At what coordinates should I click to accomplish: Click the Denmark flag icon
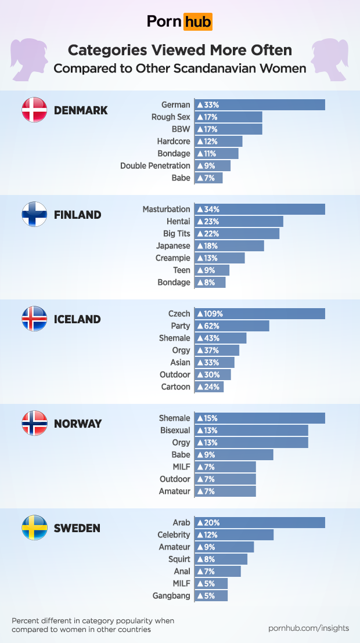point(34,110)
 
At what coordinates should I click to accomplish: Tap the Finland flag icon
point(34,214)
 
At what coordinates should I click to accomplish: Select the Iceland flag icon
point(34,319)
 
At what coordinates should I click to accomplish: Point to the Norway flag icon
point(34,423)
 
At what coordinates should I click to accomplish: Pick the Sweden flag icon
point(34,528)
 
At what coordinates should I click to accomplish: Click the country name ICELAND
point(77,319)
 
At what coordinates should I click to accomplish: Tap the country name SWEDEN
point(77,528)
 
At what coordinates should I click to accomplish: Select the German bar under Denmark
point(260,105)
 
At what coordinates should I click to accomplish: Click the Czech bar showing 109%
point(260,314)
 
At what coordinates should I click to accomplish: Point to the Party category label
point(181,326)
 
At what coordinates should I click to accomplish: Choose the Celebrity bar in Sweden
point(233,534)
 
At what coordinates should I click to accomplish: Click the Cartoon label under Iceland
point(175,386)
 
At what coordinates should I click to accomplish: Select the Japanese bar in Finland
point(229,245)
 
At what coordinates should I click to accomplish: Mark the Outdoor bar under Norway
point(225,479)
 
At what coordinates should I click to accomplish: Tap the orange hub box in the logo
point(197,22)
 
